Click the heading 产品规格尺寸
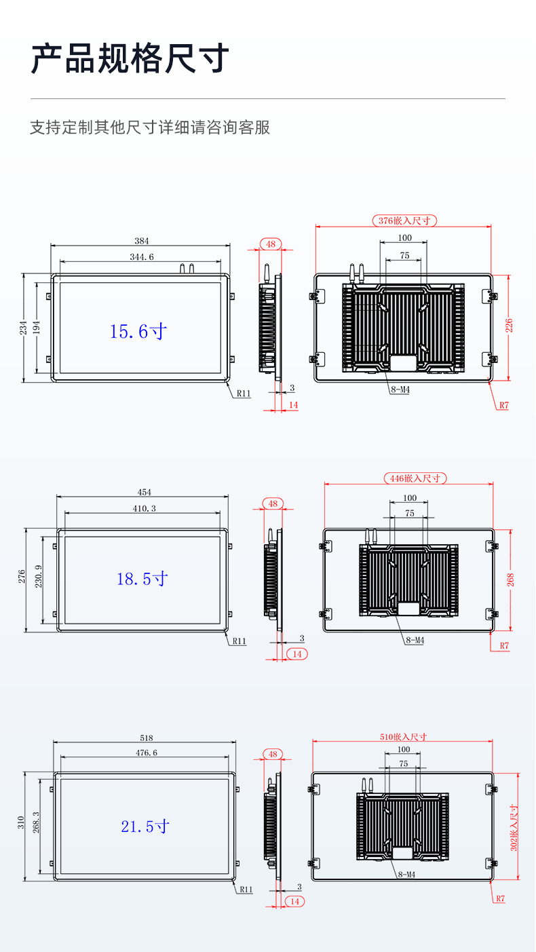(130, 58)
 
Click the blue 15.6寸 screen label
(138, 332)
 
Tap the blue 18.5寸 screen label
(142, 579)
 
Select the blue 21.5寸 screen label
(145, 826)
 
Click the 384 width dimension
(142, 241)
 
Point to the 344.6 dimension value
(142, 256)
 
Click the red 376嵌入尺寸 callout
(404, 221)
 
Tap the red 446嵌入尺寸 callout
(415, 478)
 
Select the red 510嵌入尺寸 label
(404, 736)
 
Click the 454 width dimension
(144, 492)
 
